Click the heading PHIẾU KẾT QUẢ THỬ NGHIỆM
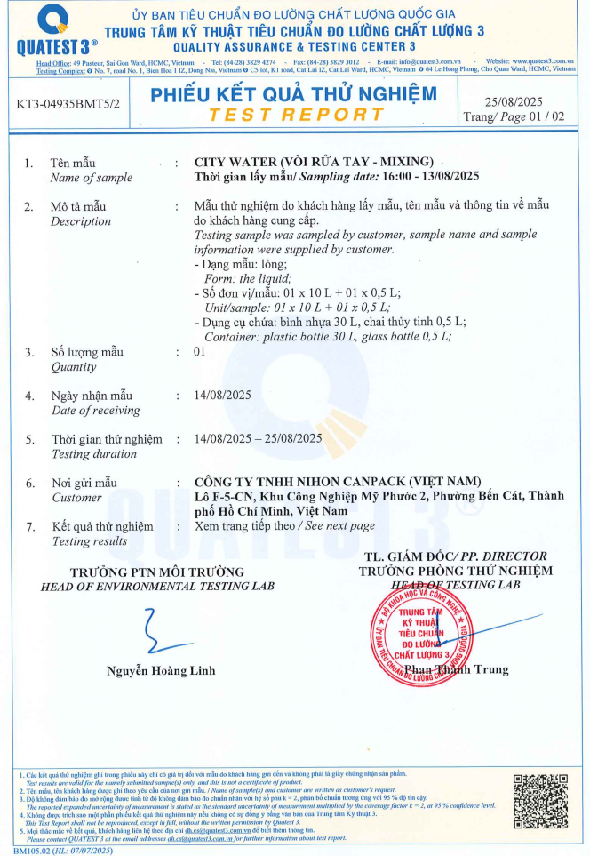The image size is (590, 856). pos(293,94)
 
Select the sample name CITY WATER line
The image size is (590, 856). pos(314,161)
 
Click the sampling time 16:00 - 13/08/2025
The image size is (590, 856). pos(418,175)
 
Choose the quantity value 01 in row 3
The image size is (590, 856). pos(200,352)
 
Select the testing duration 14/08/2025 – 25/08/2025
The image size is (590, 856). pos(259,438)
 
